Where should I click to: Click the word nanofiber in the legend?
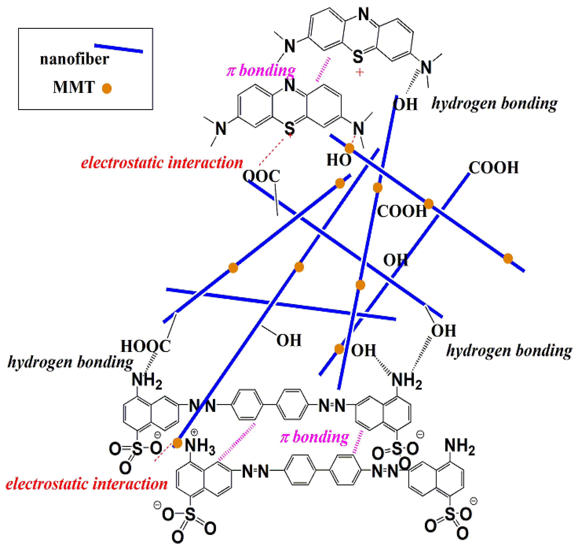(x=74, y=59)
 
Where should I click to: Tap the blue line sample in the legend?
(x=118, y=49)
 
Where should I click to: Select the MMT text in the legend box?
(x=74, y=87)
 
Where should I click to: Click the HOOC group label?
(x=146, y=346)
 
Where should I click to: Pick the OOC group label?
(x=261, y=176)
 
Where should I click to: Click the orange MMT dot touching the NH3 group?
(x=177, y=443)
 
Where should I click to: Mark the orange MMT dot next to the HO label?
(x=349, y=148)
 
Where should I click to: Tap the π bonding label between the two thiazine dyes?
(x=261, y=71)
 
